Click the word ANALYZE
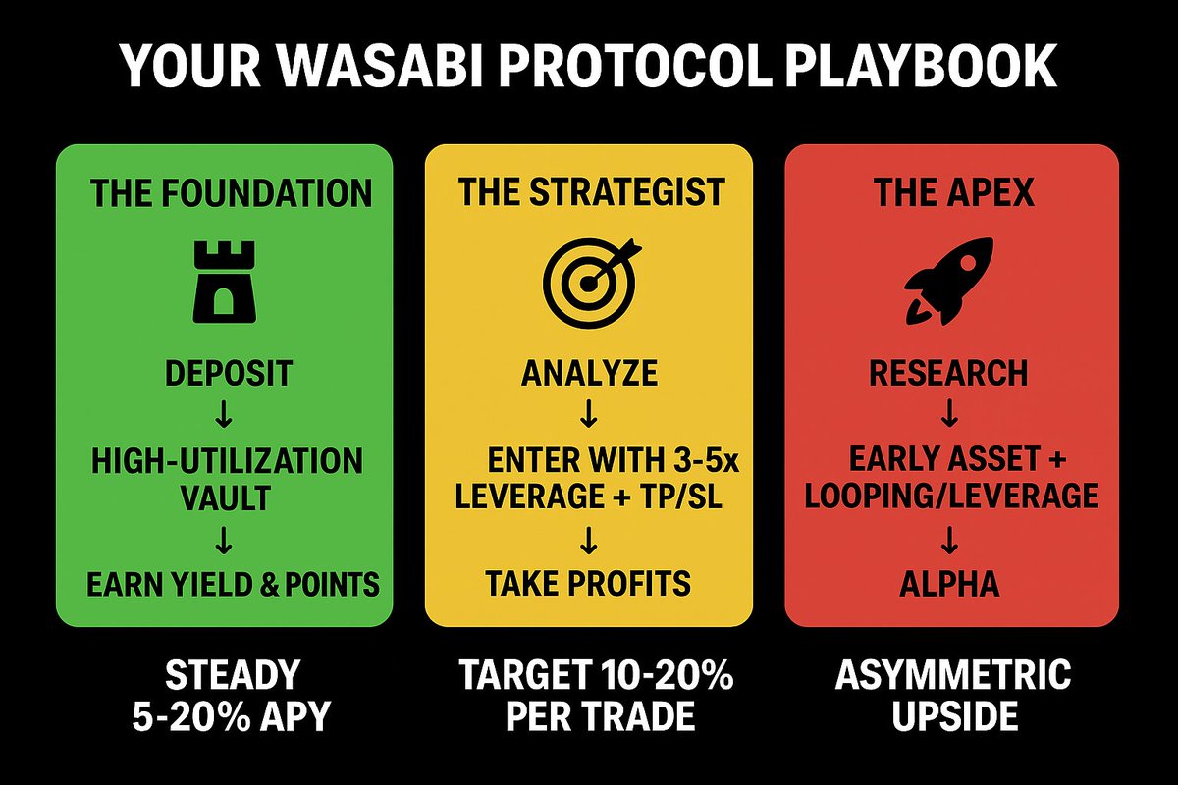point(589,374)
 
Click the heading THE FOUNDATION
point(232,192)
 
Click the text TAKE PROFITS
point(589,585)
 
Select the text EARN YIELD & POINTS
point(233,585)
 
